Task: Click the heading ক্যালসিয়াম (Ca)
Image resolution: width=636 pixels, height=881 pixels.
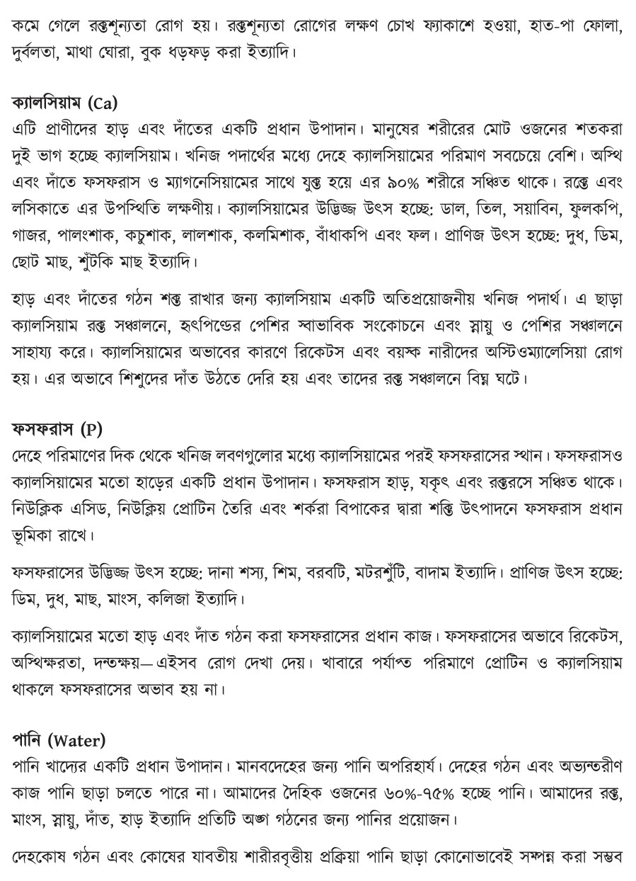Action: (x=64, y=103)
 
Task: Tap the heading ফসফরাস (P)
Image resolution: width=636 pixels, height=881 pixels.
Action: (x=58, y=428)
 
